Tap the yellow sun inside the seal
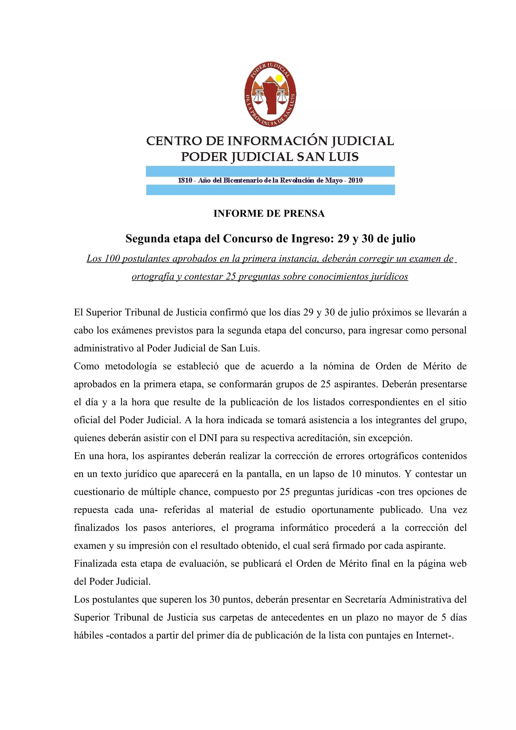[x=279, y=78]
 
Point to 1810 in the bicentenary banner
[x=185, y=180]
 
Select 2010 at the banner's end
[x=355, y=180]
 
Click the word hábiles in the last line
[x=89, y=635]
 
